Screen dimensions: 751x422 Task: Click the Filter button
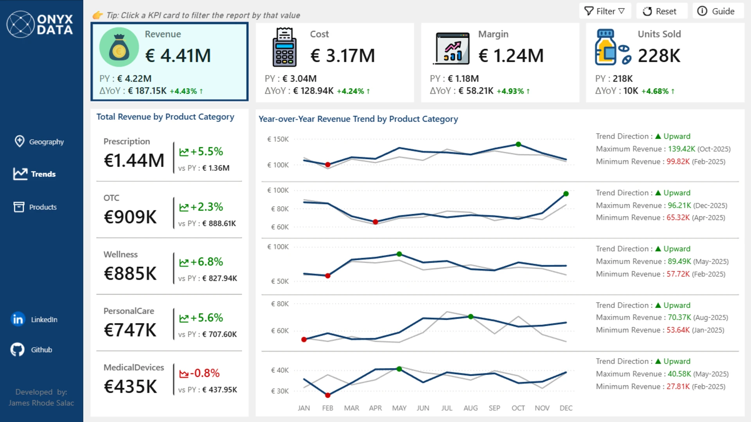(x=605, y=11)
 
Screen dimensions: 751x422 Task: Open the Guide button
(x=718, y=11)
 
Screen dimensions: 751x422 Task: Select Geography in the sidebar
(x=39, y=141)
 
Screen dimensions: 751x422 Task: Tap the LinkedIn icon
(x=18, y=319)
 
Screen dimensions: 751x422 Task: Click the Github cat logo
(x=18, y=349)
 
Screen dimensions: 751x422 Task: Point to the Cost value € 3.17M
(x=343, y=55)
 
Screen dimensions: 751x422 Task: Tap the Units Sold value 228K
(x=659, y=55)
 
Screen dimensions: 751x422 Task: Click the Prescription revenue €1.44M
(x=134, y=160)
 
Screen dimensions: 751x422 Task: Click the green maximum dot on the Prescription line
(x=518, y=144)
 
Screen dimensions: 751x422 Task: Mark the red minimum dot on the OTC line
(x=375, y=222)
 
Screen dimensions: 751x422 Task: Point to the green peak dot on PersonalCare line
(x=471, y=316)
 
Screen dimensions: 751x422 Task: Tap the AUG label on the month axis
(x=471, y=408)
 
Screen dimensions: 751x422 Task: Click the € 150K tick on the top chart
(x=278, y=139)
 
